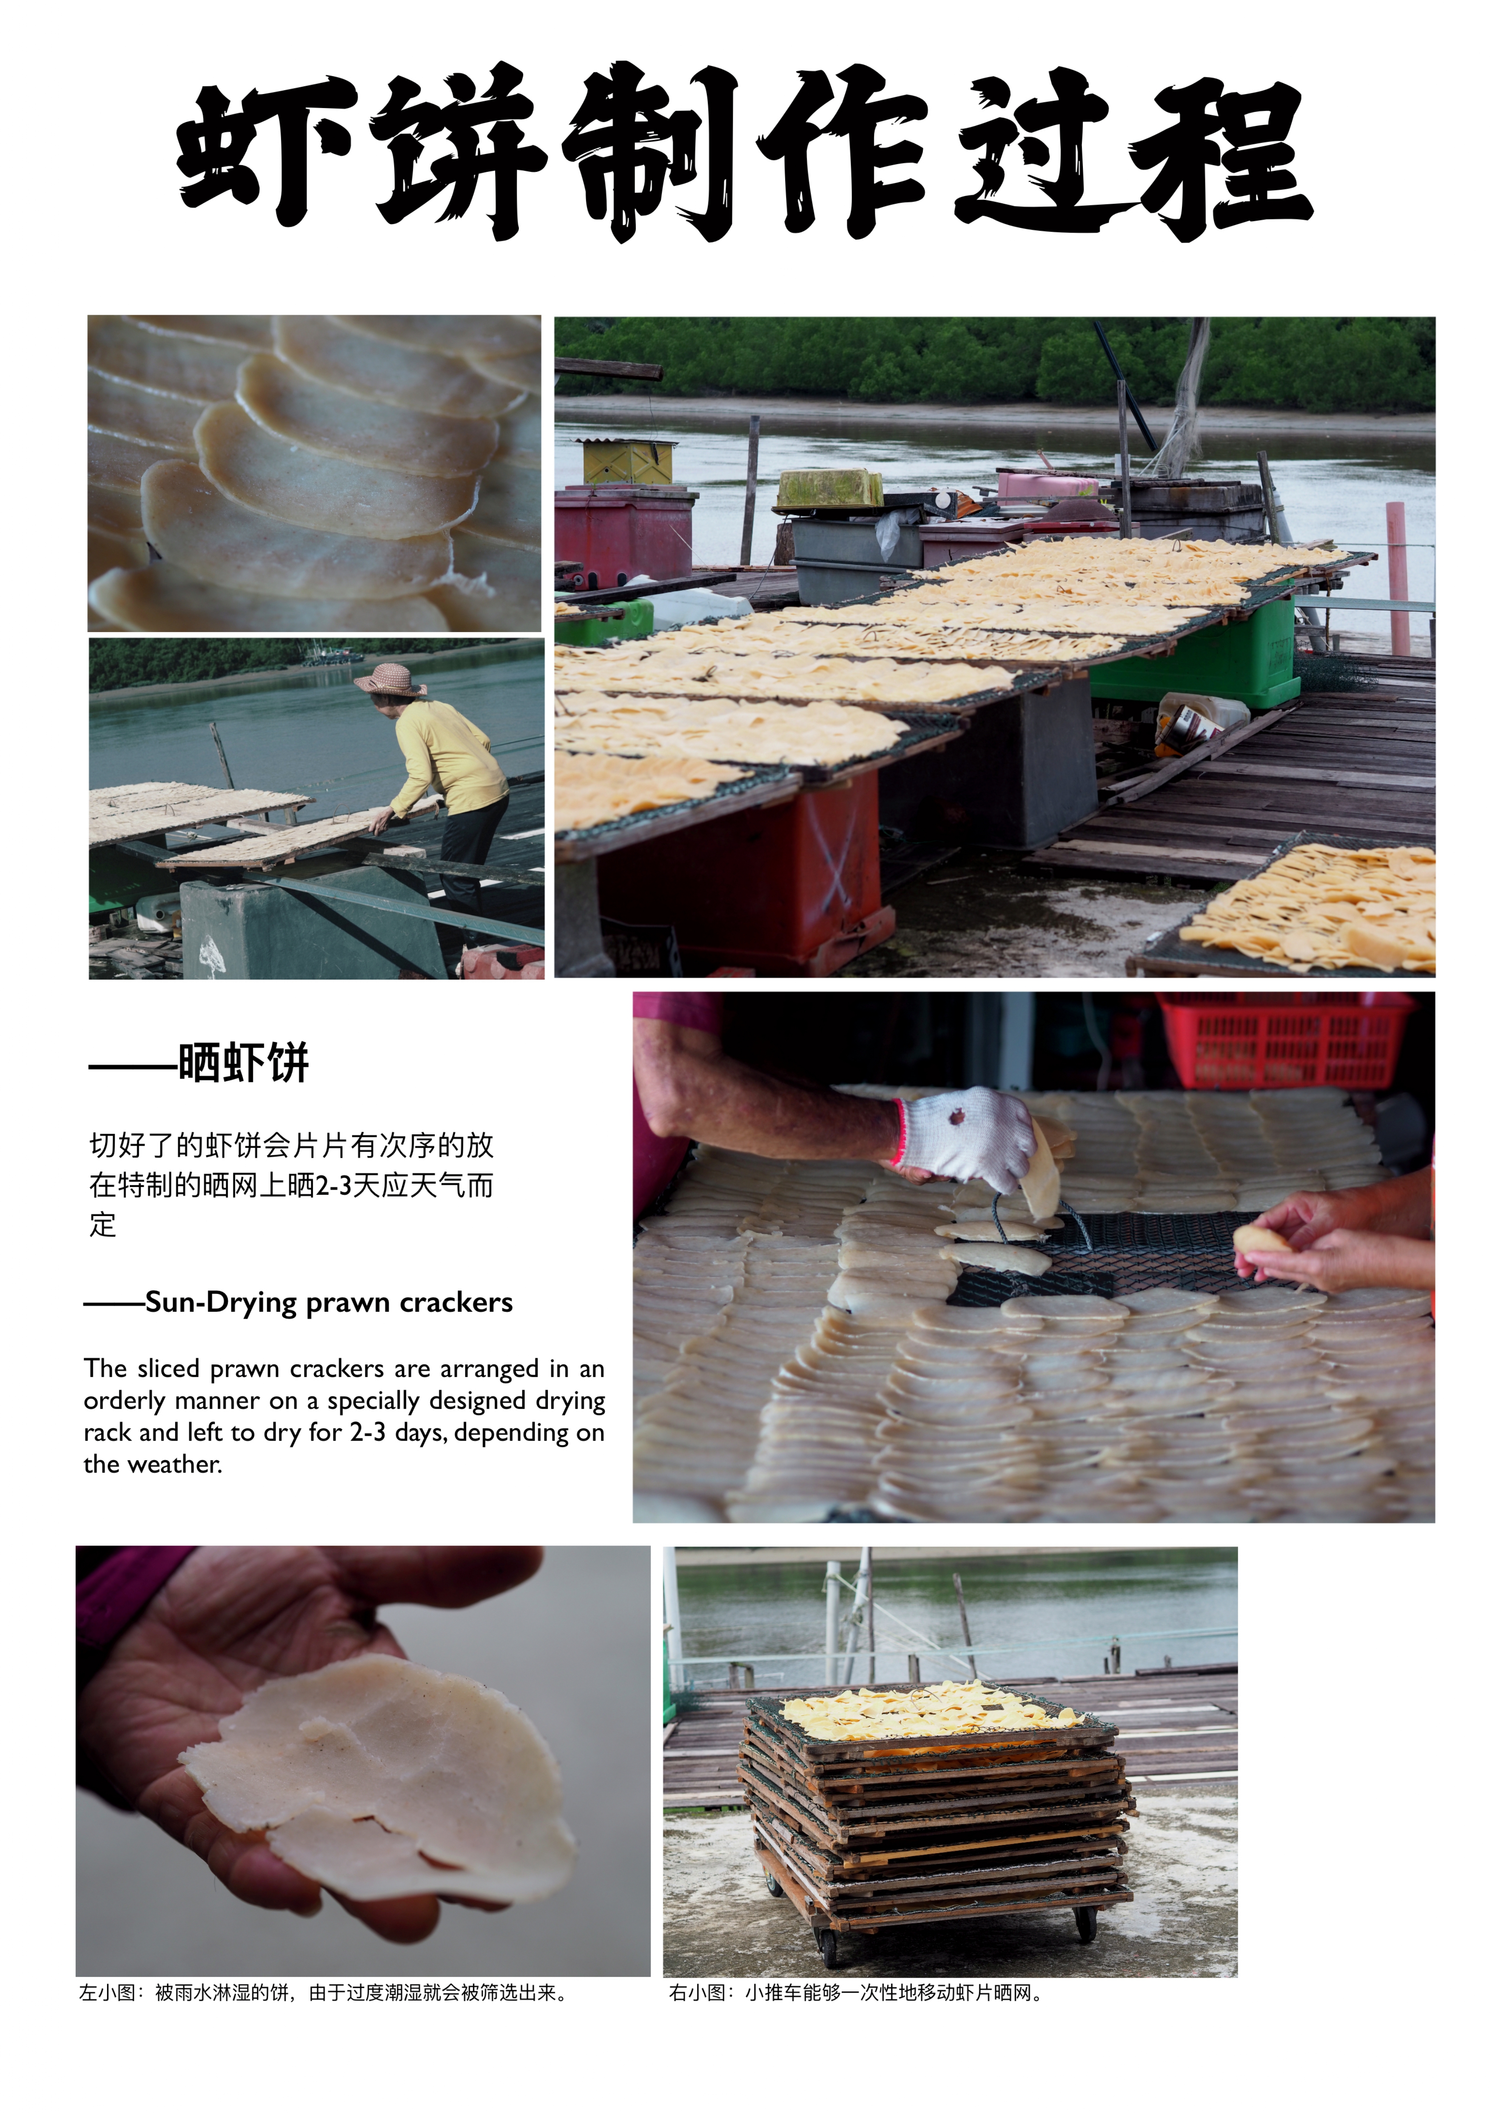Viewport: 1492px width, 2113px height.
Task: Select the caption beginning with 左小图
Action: click(x=322, y=1993)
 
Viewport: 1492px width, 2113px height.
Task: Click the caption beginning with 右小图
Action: click(x=856, y=1993)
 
